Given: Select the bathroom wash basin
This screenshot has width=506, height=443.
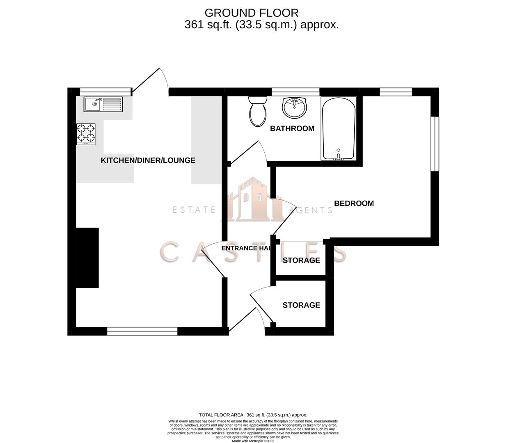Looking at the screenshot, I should (x=294, y=107).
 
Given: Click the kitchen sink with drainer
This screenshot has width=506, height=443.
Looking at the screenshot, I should (x=103, y=104).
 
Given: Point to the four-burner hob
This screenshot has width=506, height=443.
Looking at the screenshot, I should (x=86, y=134).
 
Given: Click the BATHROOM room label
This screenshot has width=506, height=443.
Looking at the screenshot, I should (x=292, y=128).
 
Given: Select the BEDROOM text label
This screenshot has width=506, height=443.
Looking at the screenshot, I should (x=354, y=203).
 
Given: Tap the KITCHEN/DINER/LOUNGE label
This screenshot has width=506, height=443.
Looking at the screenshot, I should (x=148, y=160).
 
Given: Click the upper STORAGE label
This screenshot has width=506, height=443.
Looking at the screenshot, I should (x=301, y=260).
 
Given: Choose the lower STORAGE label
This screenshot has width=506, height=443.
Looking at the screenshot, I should (x=301, y=305).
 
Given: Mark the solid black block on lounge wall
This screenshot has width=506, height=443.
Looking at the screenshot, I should (x=87, y=258).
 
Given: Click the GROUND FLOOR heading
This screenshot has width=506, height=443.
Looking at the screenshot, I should (x=252, y=13).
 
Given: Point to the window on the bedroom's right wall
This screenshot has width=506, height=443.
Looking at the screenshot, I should (x=435, y=144).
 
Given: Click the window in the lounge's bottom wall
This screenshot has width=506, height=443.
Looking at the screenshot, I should (x=142, y=331).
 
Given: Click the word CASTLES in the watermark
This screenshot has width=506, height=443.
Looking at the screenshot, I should (x=253, y=252).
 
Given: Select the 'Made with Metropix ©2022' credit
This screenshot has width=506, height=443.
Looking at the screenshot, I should (x=253, y=441).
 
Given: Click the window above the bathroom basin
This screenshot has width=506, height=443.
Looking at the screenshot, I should (x=295, y=91).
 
